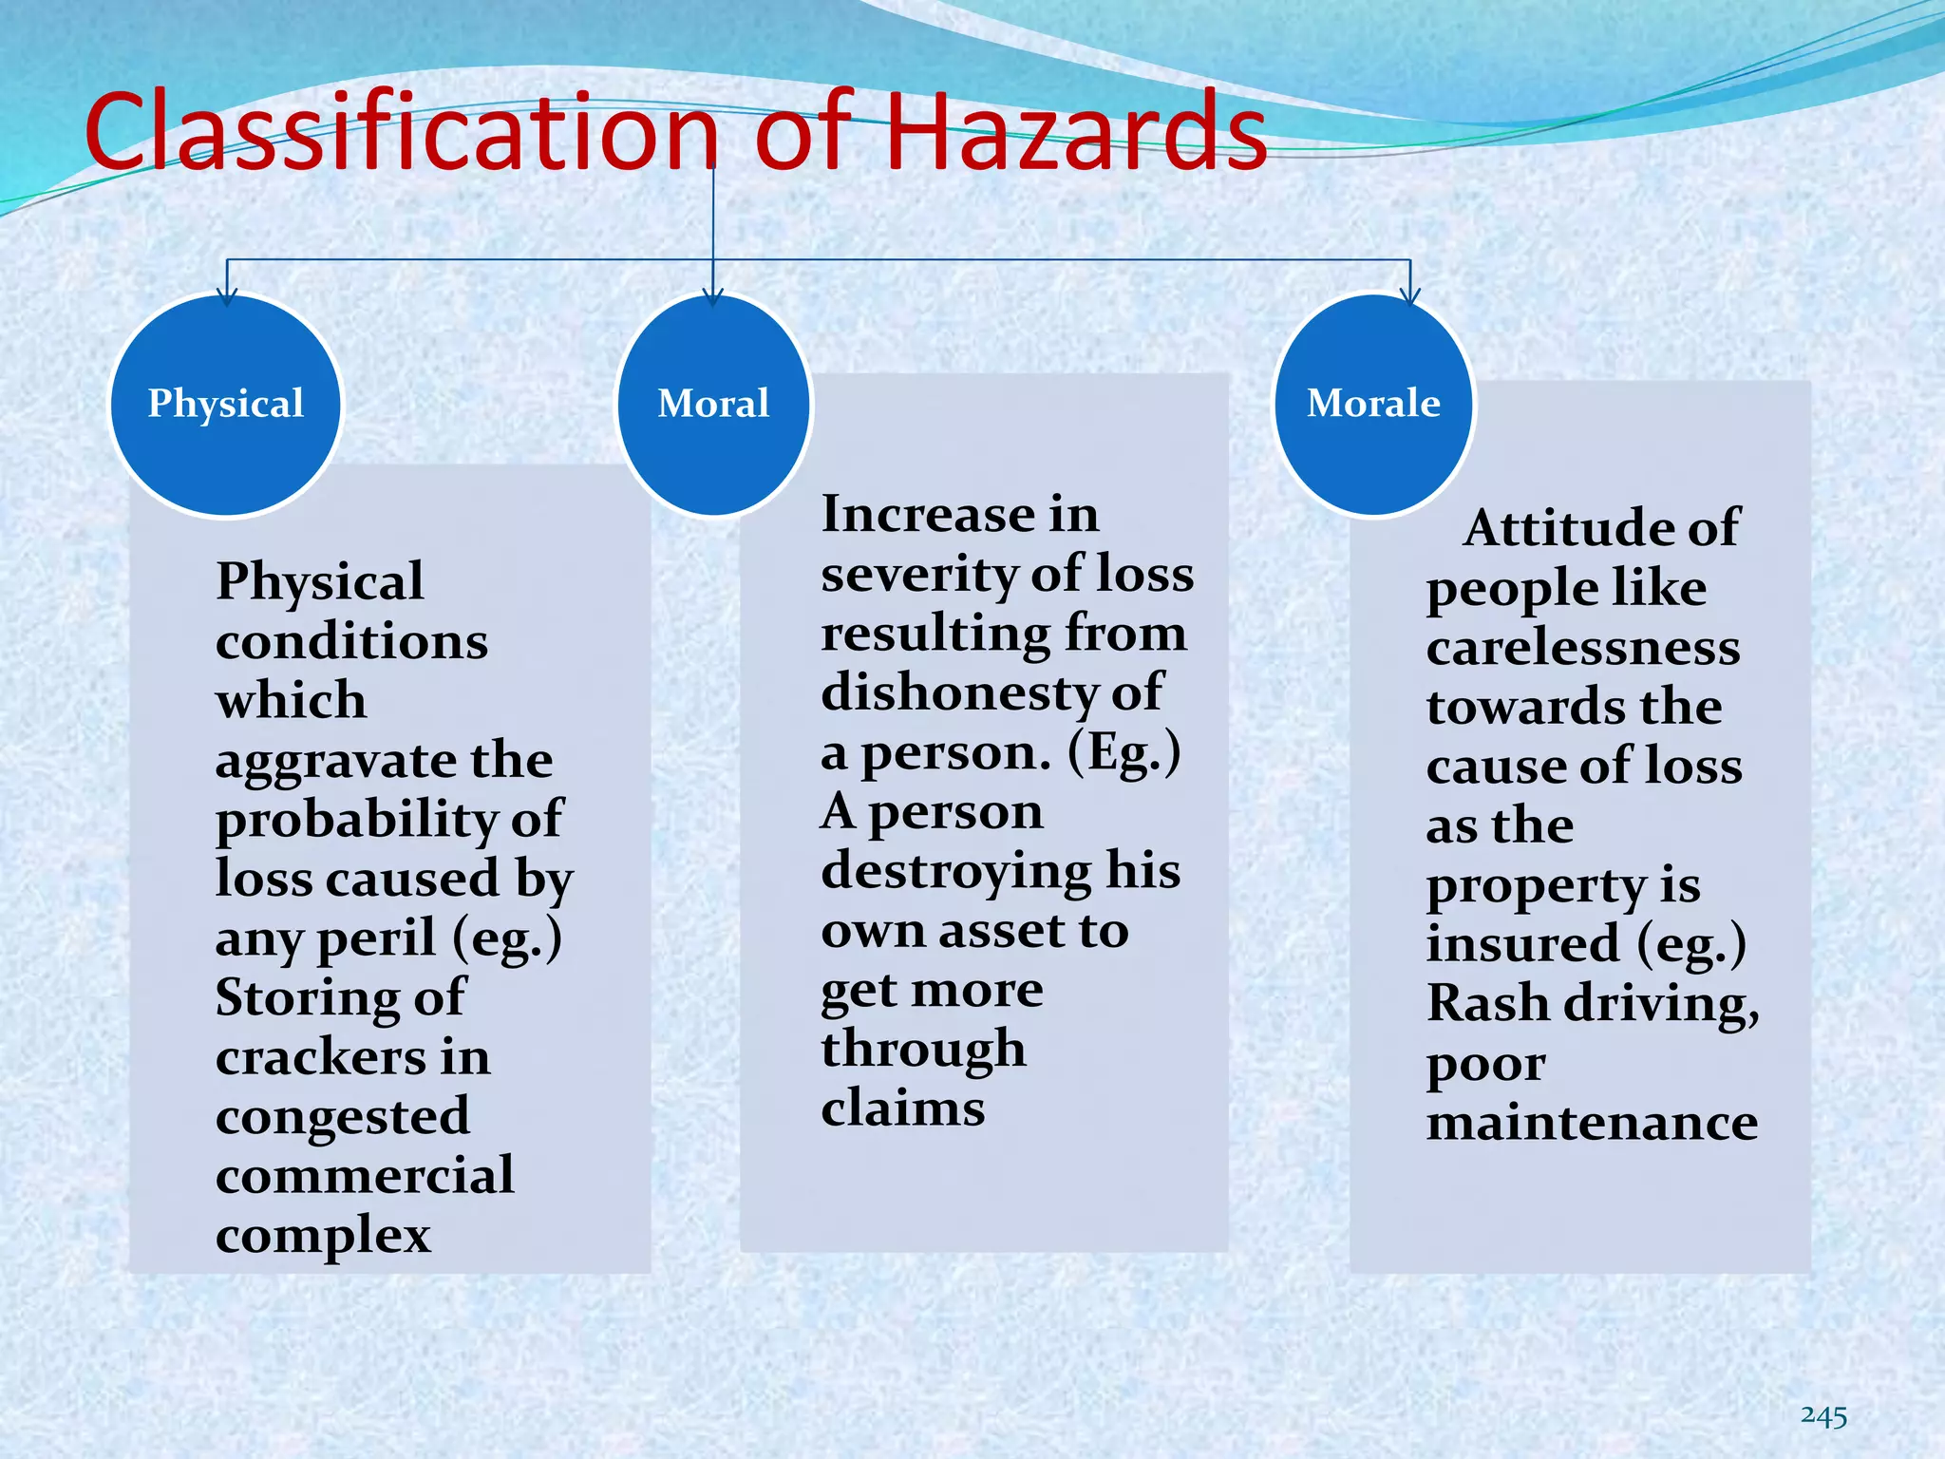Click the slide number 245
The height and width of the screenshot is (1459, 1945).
point(1823,1416)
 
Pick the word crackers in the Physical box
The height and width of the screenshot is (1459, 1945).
point(318,1057)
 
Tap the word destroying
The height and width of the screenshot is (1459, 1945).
point(956,872)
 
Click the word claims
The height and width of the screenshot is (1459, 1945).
point(903,1108)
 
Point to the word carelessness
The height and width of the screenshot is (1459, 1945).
point(1583,648)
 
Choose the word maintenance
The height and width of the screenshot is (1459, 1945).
point(1592,1123)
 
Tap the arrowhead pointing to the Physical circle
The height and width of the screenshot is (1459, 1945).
point(226,296)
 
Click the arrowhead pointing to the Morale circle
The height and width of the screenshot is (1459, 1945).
point(1410,296)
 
